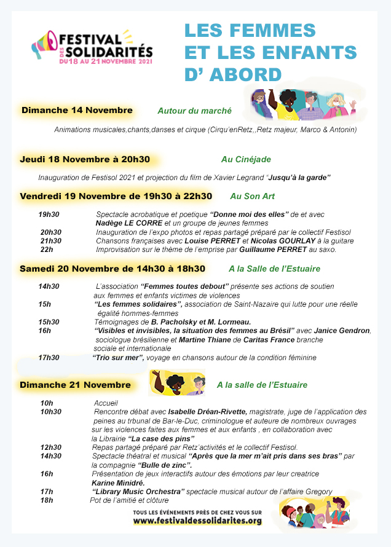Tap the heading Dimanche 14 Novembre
77,111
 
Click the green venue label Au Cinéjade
246,160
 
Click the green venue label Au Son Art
252,197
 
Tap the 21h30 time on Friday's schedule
51,241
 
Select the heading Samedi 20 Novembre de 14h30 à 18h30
113,269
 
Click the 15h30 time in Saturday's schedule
49,322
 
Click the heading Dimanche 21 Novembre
75,385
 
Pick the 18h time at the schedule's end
47,500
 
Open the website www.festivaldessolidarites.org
197,521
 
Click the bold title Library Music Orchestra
138,492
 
